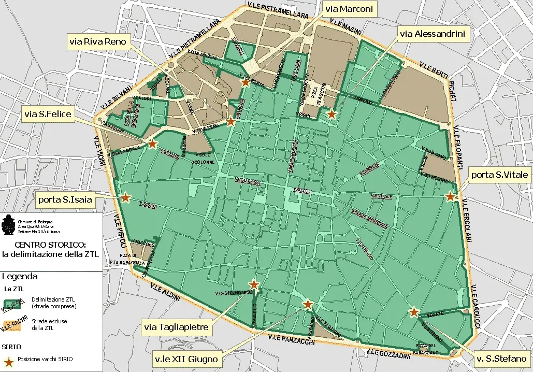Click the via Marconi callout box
[x=349, y=9]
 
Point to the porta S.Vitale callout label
[x=499, y=175]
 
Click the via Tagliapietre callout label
[x=177, y=327]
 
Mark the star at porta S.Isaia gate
[x=125, y=197]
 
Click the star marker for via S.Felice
[x=153, y=144]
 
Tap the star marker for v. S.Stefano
[x=414, y=312]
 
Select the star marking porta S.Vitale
[x=450, y=197]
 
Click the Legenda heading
[x=19, y=276]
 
